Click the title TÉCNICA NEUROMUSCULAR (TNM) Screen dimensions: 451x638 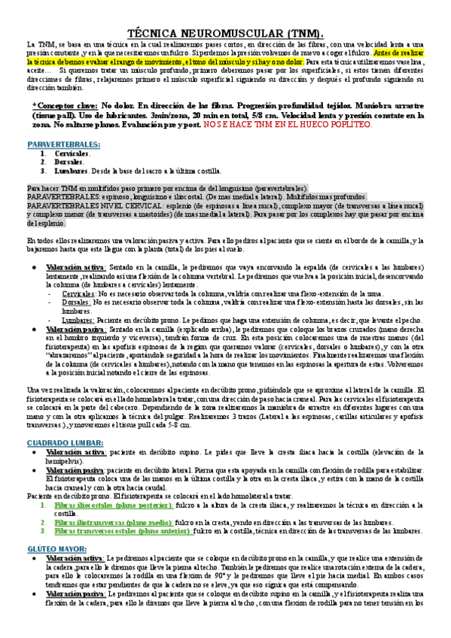coord(226,34)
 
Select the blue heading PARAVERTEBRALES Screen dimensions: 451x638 coord(63,143)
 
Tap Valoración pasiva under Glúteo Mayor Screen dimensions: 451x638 coord(75,616)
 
